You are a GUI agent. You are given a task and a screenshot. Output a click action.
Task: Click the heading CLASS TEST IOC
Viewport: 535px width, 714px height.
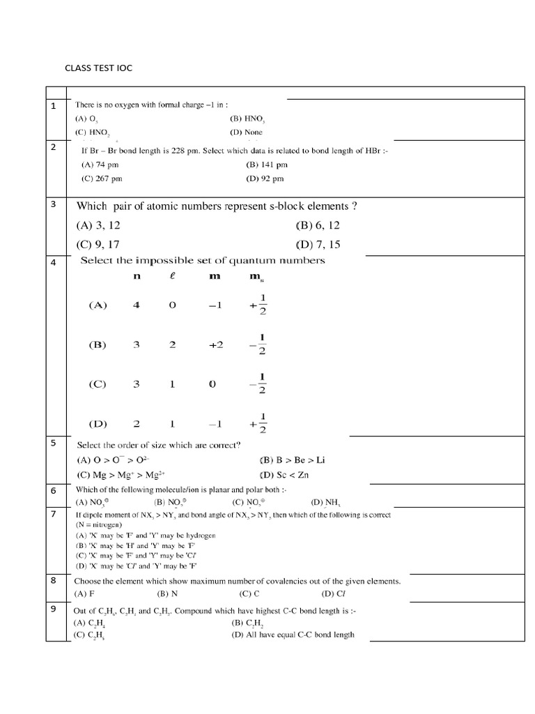click(x=98, y=68)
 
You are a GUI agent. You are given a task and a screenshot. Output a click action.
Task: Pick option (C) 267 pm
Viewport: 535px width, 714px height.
click(x=102, y=178)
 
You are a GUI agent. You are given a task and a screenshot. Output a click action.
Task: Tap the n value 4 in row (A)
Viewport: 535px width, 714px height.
click(x=137, y=305)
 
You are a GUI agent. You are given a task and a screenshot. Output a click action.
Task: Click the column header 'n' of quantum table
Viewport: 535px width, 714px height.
click(x=137, y=276)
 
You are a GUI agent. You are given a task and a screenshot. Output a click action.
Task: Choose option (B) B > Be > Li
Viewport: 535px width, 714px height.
click(x=292, y=459)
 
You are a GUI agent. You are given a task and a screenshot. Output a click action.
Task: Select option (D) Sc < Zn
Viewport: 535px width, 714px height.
click(x=286, y=475)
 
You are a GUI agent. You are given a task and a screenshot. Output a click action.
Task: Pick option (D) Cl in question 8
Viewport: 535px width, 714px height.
click(x=332, y=594)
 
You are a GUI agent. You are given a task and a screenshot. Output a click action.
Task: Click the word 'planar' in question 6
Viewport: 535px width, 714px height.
click(x=210, y=489)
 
